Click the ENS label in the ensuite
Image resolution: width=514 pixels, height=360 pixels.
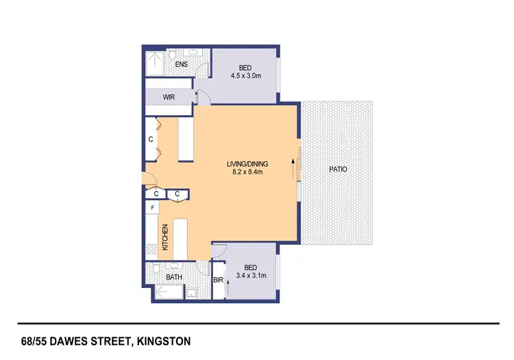pos(182,64)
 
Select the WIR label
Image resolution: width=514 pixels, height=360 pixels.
pos(169,97)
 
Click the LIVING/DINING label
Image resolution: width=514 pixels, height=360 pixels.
pos(247,164)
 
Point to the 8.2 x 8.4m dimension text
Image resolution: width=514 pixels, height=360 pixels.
pos(247,173)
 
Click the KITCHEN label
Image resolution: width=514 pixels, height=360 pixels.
pos(165,237)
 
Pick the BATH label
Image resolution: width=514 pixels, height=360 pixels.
pos(174,277)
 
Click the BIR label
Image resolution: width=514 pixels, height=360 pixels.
pos(218,280)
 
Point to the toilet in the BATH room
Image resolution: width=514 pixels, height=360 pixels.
pos(156,267)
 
